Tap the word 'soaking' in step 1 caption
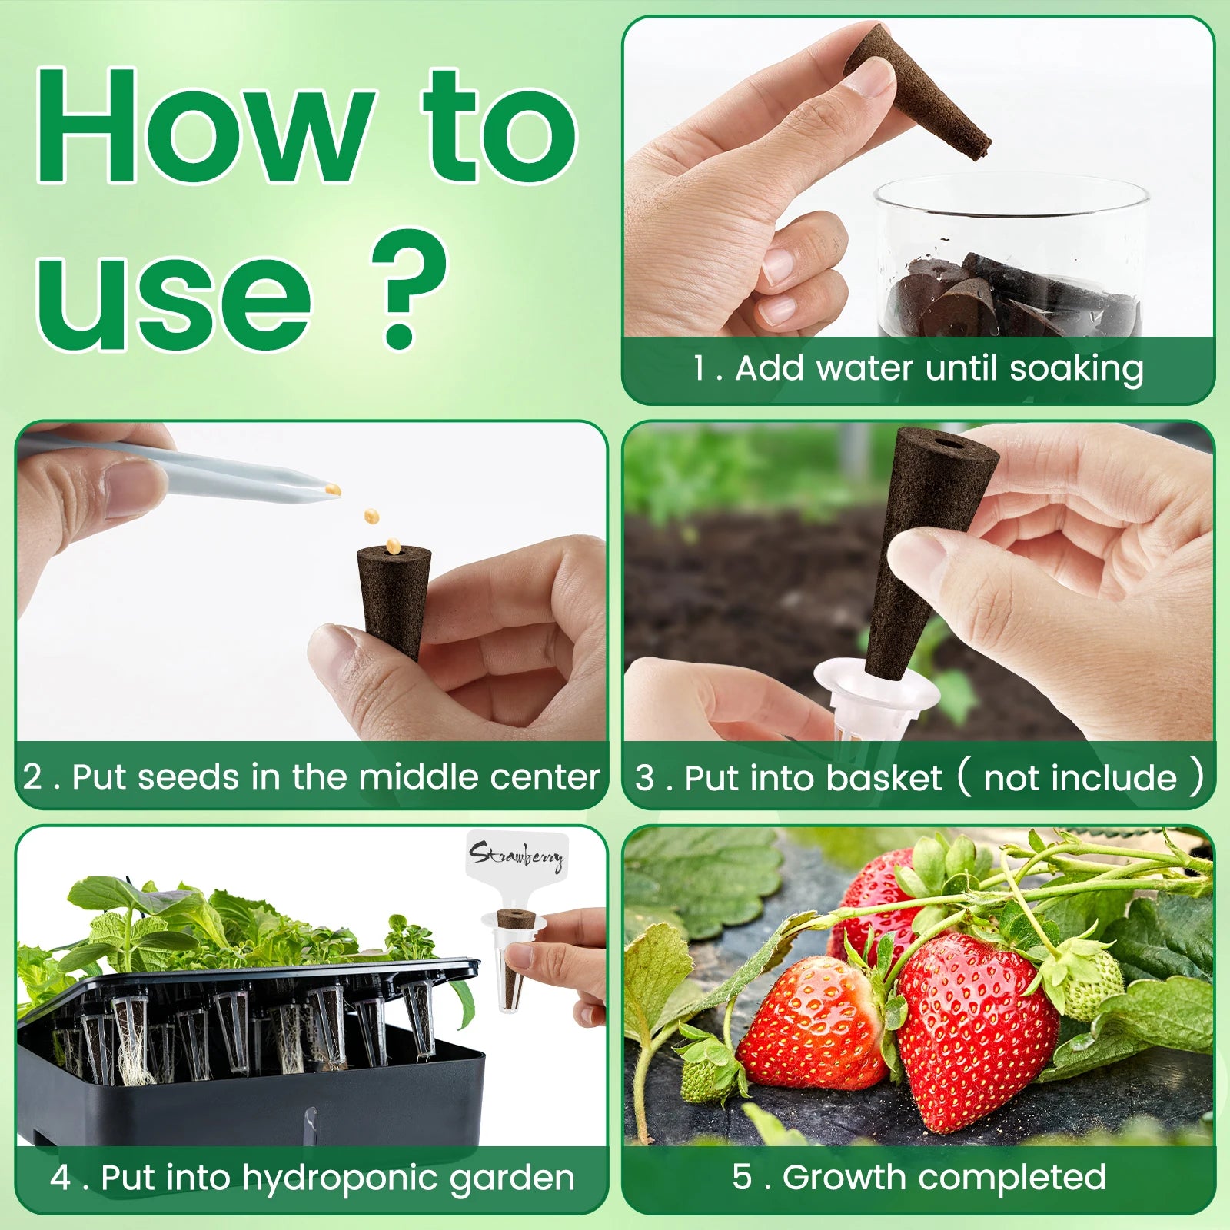(x=1075, y=369)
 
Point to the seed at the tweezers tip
(x=333, y=489)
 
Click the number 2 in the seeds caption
(x=33, y=776)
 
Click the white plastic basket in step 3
(x=876, y=696)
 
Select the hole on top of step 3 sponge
(x=946, y=444)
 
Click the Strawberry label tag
(x=517, y=855)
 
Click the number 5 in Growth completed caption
(x=742, y=1176)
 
